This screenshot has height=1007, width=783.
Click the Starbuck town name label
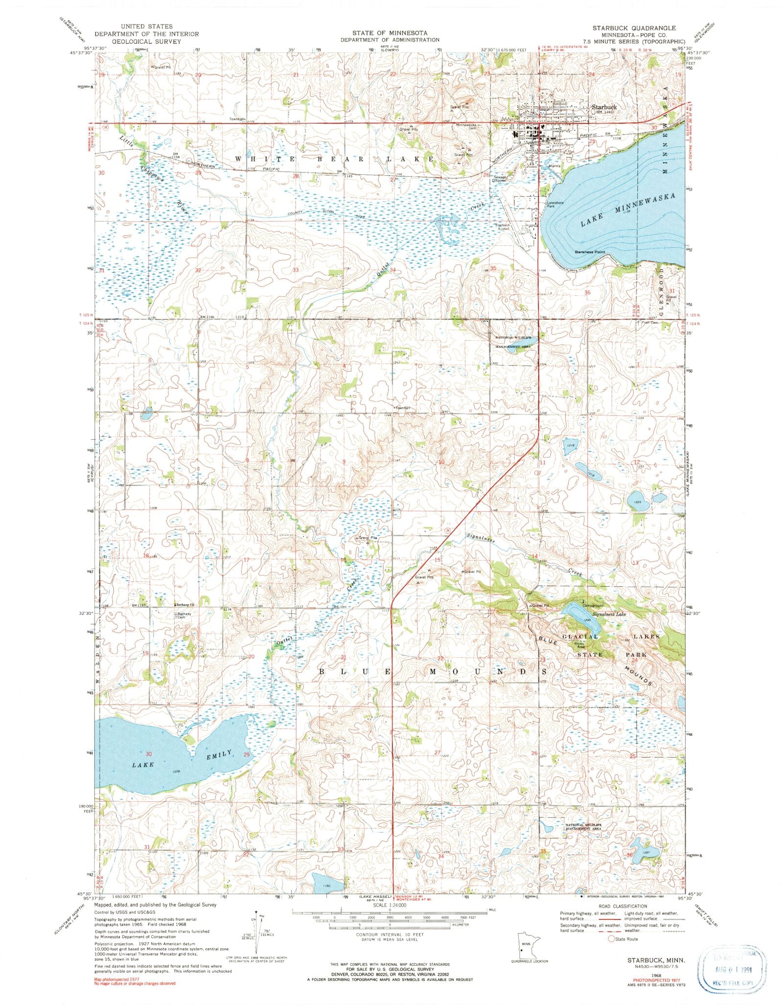tap(604, 106)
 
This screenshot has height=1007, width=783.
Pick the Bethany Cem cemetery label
tap(184, 616)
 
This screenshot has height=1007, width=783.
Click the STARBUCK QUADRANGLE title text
tap(634, 28)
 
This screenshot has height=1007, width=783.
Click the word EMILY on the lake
tap(218, 755)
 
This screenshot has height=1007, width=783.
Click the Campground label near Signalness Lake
tap(591, 605)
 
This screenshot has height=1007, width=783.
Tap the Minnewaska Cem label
tap(468, 126)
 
